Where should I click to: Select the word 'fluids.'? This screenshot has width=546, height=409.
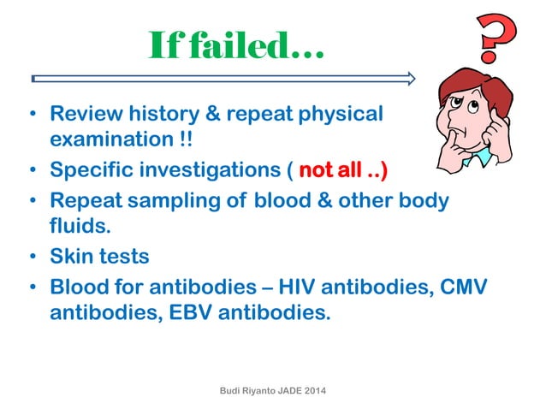coord(79,227)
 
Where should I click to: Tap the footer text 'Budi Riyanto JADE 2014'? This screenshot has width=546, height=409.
coord(273,390)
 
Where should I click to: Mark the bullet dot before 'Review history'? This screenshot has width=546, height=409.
coord(33,115)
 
